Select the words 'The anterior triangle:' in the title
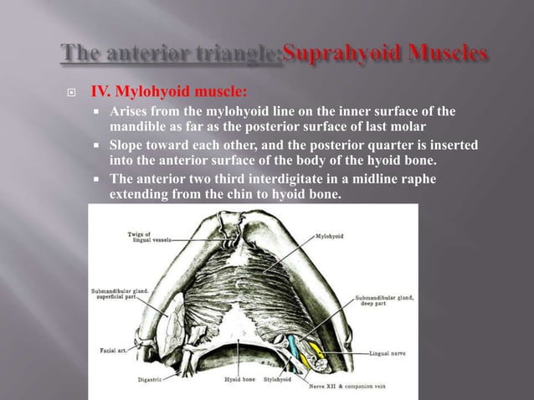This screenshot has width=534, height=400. click(172, 55)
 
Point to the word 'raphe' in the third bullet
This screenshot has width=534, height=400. click(418, 179)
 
